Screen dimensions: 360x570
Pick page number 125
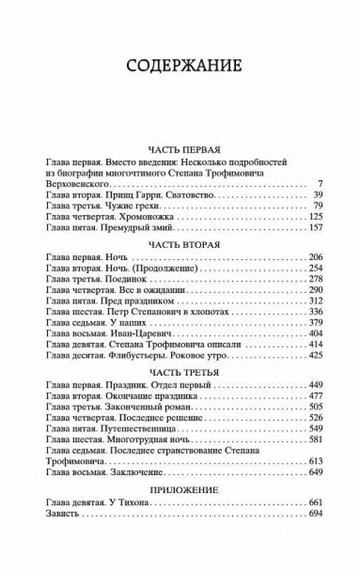(x=315, y=217)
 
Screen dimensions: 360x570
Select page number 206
(x=315, y=257)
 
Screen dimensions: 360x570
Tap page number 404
(x=315, y=333)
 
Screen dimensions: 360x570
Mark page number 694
(x=315, y=514)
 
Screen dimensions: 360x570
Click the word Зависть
(x=61, y=514)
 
